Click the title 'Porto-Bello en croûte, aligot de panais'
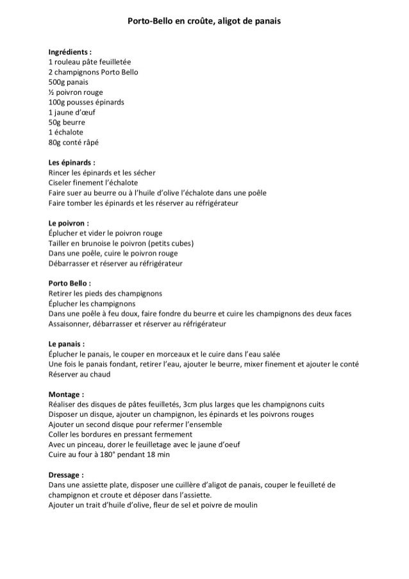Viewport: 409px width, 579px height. point(204,21)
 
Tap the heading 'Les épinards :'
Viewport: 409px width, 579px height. point(72,162)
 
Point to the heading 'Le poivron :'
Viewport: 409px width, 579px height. point(69,222)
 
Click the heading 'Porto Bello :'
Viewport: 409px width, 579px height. point(70,283)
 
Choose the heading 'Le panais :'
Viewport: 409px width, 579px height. point(67,343)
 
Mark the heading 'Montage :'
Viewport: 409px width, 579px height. point(66,394)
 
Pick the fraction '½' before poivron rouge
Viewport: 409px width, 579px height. point(51,92)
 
